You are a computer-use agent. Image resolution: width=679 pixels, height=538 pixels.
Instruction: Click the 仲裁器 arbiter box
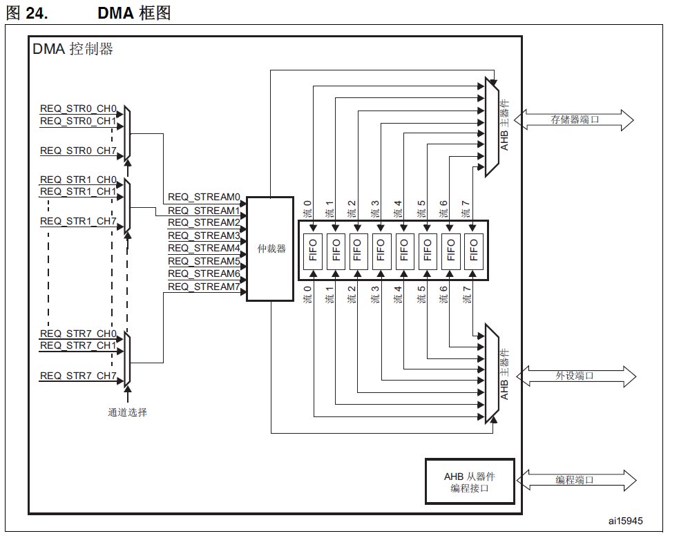[270, 249]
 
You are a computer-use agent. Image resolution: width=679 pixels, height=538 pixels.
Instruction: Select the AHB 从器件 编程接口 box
[470, 482]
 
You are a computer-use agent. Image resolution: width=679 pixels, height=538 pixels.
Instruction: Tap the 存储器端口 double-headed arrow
[575, 119]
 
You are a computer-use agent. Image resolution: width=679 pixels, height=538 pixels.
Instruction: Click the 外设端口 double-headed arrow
[575, 376]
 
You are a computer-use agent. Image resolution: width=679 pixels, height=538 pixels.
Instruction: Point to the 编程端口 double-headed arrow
[575, 480]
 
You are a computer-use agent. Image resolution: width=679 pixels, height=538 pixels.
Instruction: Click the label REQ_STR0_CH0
[78, 109]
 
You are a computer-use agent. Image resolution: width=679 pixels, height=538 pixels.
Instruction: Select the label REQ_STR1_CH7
[78, 222]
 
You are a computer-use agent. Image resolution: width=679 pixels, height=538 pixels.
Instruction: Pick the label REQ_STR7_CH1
[78, 345]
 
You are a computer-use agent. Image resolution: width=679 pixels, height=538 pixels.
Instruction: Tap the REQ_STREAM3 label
[204, 236]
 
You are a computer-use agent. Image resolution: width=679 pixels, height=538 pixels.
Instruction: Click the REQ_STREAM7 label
[204, 287]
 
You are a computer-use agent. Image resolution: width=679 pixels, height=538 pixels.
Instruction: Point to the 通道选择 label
[127, 412]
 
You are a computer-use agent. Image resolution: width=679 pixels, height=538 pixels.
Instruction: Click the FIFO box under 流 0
[312, 251]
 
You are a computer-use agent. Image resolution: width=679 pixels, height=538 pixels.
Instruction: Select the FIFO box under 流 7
[473, 251]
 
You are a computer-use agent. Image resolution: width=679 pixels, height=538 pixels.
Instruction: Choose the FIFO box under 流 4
[404, 251]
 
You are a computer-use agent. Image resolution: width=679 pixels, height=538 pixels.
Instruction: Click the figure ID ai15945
[625, 521]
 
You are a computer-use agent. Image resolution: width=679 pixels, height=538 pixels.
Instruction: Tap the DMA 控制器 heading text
[73, 50]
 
